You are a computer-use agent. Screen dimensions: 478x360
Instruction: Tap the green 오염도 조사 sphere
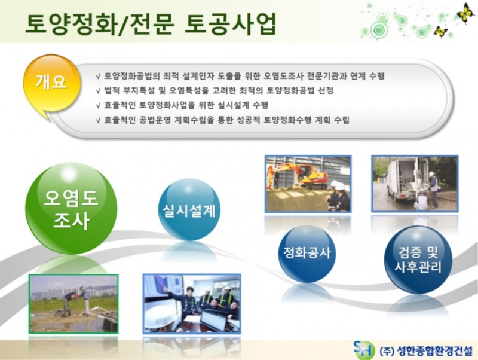click(71, 209)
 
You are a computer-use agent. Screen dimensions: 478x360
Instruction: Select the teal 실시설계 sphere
click(189, 210)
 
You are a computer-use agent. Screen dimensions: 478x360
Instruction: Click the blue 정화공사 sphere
click(307, 254)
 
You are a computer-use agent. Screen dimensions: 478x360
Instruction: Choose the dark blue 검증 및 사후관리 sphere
click(418, 260)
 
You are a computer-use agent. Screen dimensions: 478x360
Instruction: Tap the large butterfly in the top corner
click(465, 13)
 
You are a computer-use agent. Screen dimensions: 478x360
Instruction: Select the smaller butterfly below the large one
click(440, 32)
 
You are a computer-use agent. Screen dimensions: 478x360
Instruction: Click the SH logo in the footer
click(364, 350)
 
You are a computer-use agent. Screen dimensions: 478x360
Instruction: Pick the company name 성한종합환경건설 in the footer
click(435, 351)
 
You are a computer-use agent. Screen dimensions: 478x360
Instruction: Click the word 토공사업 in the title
click(231, 23)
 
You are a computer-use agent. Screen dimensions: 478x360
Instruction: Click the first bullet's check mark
click(98, 77)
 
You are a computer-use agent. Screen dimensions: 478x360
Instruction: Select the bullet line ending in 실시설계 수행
click(182, 105)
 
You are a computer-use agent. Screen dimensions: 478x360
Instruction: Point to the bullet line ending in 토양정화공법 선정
click(215, 91)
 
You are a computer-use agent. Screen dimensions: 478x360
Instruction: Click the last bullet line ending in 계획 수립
click(222, 120)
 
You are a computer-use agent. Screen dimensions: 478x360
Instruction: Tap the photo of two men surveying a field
click(73, 304)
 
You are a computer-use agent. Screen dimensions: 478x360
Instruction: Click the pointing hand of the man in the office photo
click(165, 288)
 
